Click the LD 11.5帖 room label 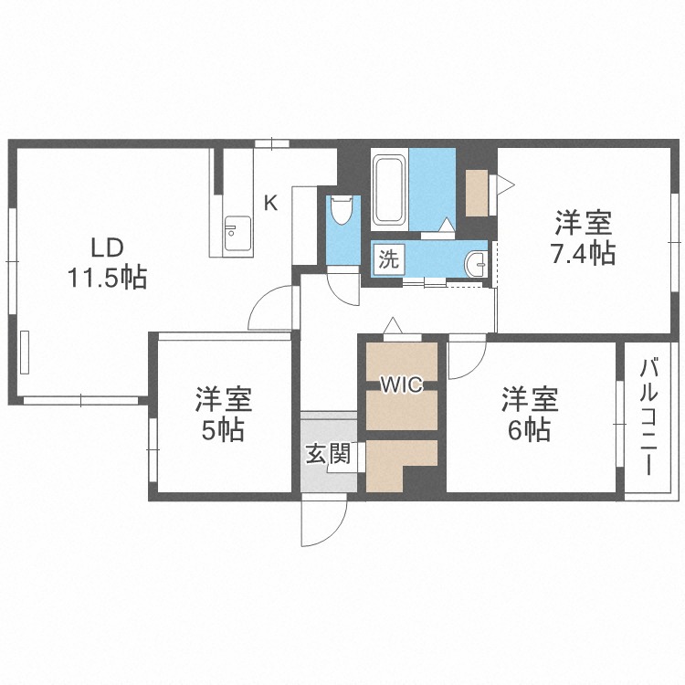[107, 263]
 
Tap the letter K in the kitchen [271, 203]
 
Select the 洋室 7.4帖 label [584, 238]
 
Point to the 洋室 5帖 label [223, 414]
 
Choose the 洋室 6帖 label [529, 414]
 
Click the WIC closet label [402, 385]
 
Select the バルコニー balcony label [648, 416]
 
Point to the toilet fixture [342, 209]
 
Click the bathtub [388, 190]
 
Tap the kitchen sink [237, 233]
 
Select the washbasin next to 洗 [476, 264]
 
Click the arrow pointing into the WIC [393, 324]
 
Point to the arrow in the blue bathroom [447, 224]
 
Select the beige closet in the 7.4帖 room [477, 193]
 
